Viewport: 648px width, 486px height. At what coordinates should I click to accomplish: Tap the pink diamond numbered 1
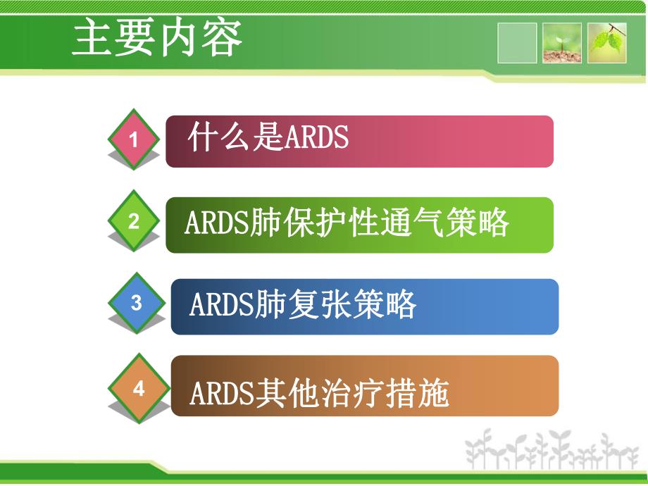click(134, 139)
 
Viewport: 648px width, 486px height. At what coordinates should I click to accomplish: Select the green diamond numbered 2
click(134, 222)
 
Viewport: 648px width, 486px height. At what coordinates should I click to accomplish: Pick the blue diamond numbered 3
click(137, 304)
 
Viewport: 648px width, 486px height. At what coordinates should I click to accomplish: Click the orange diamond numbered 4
click(139, 388)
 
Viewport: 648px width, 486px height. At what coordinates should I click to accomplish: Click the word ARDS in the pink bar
click(316, 138)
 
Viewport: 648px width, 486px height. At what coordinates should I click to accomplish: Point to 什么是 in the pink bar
click(235, 138)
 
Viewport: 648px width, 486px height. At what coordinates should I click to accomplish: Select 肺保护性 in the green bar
click(316, 225)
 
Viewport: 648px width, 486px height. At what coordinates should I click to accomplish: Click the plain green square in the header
click(517, 43)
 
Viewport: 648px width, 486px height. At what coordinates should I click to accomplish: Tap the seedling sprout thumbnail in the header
click(561, 43)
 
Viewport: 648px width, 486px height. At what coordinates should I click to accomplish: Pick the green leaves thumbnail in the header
click(607, 43)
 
